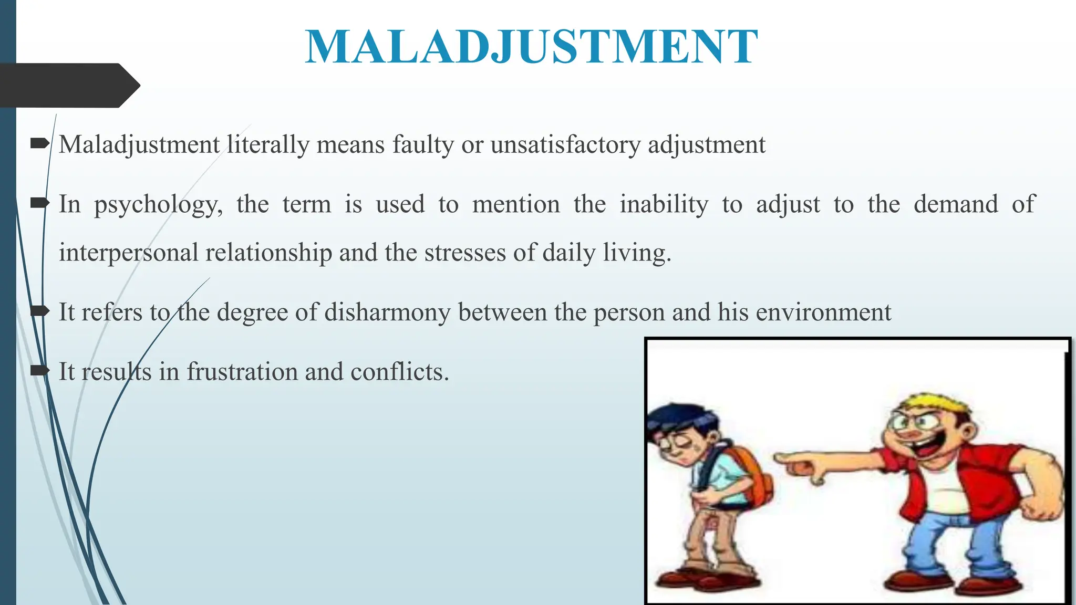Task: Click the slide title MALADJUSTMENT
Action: (x=531, y=47)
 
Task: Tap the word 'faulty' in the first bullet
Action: (x=423, y=144)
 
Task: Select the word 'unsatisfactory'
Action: (x=565, y=144)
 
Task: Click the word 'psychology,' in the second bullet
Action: (x=158, y=205)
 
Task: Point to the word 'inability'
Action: (x=664, y=204)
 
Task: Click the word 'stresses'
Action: (x=465, y=253)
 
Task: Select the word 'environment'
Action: (x=823, y=312)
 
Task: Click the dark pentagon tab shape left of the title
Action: (x=68, y=85)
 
